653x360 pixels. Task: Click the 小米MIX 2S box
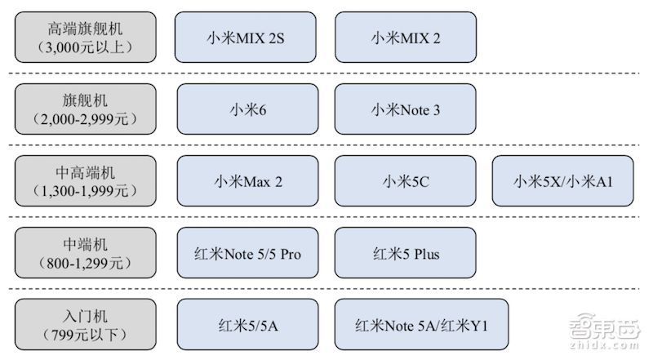pos(246,37)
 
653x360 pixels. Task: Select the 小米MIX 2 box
pos(406,37)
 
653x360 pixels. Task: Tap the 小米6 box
pos(248,109)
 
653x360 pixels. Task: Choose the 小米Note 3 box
pos(405,109)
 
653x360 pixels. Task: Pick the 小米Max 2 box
pos(248,181)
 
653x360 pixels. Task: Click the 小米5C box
pos(405,181)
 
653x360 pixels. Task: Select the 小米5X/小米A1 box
pos(563,181)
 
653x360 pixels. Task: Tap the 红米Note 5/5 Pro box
pos(248,253)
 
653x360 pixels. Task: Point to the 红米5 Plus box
pos(405,253)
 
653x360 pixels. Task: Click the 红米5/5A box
pos(248,325)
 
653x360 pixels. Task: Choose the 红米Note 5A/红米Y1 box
pos(421,325)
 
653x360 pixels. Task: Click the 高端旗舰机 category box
pos(86,37)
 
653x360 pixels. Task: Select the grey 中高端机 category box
pos(86,181)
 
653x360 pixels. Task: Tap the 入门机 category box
pos(86,325)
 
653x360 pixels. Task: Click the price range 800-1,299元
pos(85,264)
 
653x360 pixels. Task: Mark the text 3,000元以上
pos(85,47)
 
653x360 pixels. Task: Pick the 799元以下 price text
pos(85,335)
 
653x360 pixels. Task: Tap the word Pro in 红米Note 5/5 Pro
pos(291,254)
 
